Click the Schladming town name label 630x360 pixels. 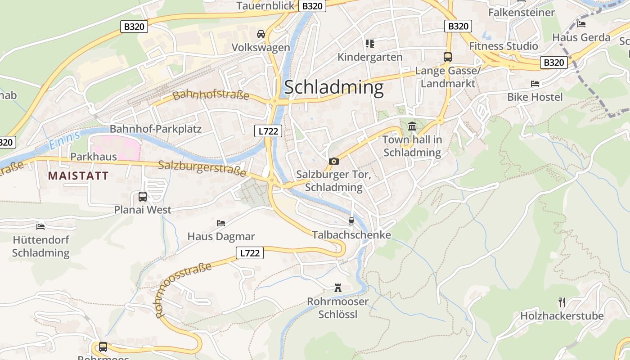click(333, 87)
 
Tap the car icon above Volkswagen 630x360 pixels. click(261, 34)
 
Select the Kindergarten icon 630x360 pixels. click(370, 44)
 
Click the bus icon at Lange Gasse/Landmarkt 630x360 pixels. click(447, 57)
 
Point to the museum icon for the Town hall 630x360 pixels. click(412, 126)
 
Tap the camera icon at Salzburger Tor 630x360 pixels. click(333, 161)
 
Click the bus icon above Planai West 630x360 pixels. click(142, 197)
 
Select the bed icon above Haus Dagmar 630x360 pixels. click(220, 223)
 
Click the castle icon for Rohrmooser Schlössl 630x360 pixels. click(337, 288)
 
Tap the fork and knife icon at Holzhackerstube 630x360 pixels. click(562, 302)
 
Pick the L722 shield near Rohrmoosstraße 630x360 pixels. click(250, 253)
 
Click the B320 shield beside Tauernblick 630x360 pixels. click(312, 6)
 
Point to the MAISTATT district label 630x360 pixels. click(78, 175)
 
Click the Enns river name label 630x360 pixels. click(64, 140)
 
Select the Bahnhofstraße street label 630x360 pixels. click(211, 95)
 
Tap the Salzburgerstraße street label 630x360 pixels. click(202, 168)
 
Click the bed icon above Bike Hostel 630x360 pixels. click(535, 84)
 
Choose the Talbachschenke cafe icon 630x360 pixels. click(351, 221)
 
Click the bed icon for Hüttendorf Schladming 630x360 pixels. click(40, 226)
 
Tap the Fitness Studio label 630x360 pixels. click(503, 46)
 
